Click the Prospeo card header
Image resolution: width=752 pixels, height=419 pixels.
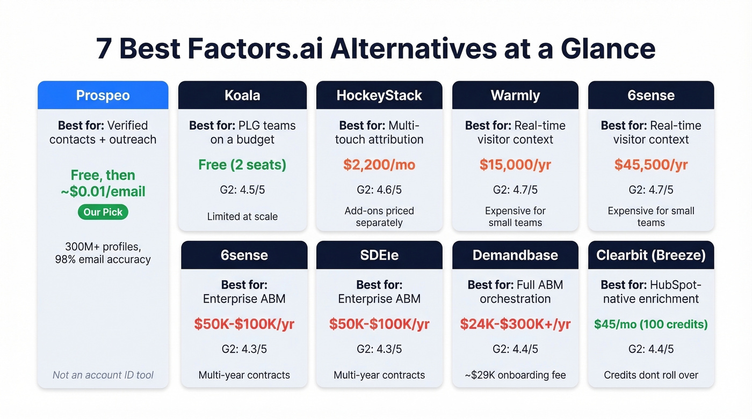(103, 95)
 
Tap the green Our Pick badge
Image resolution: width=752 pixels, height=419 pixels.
(103, 212)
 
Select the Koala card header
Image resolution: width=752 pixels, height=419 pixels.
(242, 95)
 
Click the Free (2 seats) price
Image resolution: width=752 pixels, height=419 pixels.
(242, 165)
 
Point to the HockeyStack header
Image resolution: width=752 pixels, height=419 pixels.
(379, 95)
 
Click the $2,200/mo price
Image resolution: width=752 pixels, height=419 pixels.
(379, 165)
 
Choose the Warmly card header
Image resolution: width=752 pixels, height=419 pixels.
(515, 95)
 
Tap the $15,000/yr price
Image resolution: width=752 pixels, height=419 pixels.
(515, 165)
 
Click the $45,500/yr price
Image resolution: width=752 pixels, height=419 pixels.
(651, 165)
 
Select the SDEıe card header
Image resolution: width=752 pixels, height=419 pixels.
(379, 255)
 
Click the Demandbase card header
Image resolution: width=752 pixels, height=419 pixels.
(515, 255)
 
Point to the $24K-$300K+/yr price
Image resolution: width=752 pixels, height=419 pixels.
(515, 324)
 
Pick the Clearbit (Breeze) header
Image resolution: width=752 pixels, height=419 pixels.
(651, 255)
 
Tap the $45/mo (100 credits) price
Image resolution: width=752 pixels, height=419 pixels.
(651, 324)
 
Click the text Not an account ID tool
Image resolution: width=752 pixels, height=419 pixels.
(103, 375)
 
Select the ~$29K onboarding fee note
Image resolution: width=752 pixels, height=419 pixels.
(515, 375)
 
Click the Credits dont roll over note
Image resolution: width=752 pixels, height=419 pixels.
(651, 375)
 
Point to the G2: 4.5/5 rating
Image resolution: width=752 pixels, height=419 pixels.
(242, 190)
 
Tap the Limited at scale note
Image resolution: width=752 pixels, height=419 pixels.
(242, 217)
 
